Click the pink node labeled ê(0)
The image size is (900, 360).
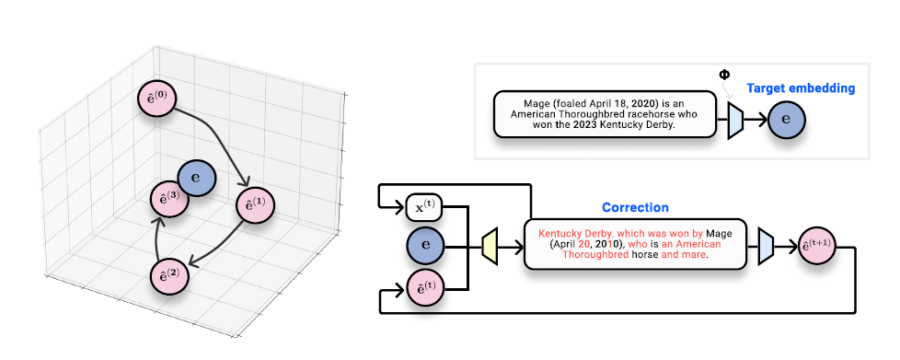pyautogui.click(x=156, y=99)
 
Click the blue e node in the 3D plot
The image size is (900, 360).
pyautogui.click(x=196, y=177)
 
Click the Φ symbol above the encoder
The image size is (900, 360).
pyautogui.click(x=723, y=74)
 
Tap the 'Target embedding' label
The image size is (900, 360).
pyautogui.click(x=800, y=88)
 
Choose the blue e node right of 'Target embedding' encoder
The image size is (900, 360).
pyautogui.click(x=787, y=119)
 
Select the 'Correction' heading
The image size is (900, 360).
pyautogui.click(x=635, y=208)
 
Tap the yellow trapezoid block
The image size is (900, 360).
pyautogui.click(x=490, y=244)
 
